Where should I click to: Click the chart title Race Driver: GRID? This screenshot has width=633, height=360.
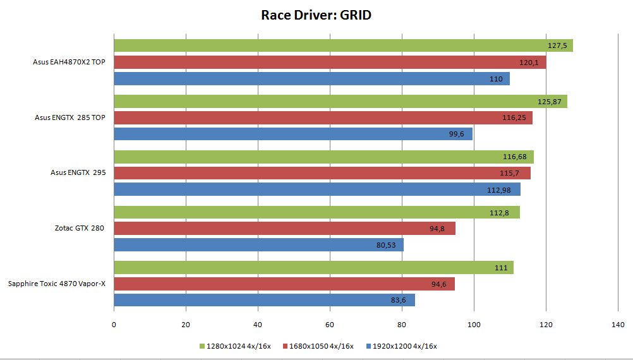[x=316, y=15]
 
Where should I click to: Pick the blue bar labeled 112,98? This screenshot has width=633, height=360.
[x=316, y=189]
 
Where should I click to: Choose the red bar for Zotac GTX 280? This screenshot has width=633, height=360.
[x=284, y=229]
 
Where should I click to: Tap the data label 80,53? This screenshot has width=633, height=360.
[x=385, y=245]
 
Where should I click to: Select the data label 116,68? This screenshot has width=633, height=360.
[x=517, y=157]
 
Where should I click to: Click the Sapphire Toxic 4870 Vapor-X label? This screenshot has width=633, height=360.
[x=57, y=284]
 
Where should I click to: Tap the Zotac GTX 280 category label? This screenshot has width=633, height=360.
[x=79, y=228]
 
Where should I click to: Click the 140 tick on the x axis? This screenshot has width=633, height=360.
[x=618, y=325]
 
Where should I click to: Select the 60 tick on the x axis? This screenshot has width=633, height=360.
[x=330, y=325]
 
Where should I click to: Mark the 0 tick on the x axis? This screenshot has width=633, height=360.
[x=114, y=325]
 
